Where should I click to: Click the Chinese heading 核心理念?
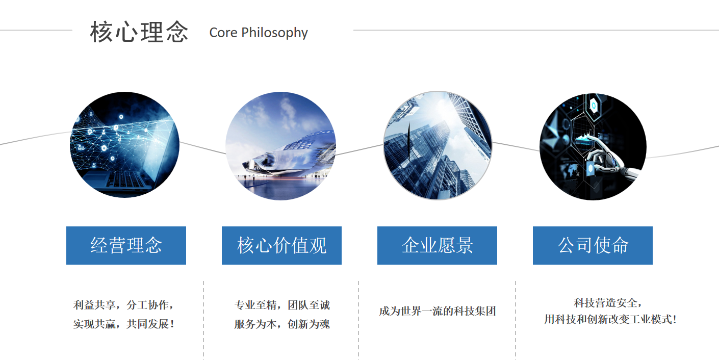tap(139, 32)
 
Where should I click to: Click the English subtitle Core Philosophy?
tap(259, 33)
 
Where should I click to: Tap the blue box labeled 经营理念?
tap(126, 245)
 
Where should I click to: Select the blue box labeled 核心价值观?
tap(281, 245)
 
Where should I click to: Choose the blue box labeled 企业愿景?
tap(437, 245)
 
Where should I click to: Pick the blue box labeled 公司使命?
tap(593, 245)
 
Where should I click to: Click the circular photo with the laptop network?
tap(124, 145)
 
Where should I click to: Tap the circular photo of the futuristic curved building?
tap(281, 146)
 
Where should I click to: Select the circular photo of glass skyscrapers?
tap(438, 145)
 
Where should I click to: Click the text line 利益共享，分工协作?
tap(123, 305)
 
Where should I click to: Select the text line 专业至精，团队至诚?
tap(282, 305)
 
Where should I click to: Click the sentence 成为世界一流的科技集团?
tap(438, 311)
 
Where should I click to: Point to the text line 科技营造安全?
tap(608, 302)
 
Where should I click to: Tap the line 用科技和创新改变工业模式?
tap(610, 319)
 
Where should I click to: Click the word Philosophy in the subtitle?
tap(274, 33)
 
